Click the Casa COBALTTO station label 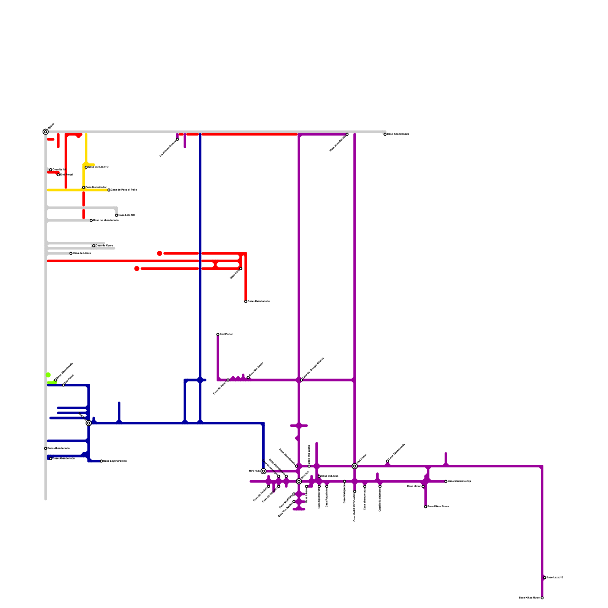click(x=98, y=167)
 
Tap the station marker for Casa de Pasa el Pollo click(x=109, y=190)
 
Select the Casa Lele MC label click(x=127, y=215)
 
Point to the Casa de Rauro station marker click(x=94, y=246)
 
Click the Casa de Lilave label click(x=82, y=253)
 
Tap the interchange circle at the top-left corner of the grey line click(x=46, y=132)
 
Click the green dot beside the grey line click(x=48, y=375)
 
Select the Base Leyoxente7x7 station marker click(x=101, y=461)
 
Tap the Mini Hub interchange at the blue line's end click(x=263, y=471)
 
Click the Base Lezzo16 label click(x=555, y=578)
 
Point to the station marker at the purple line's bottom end click(x=542, y=598)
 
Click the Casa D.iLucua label click(x=330, y=476)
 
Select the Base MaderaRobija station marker click(x=446, y=481)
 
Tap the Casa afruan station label click(x=414, y=486)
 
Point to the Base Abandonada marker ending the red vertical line click(x=246, y=302)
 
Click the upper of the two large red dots click(x=160, y=253)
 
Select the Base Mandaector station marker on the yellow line click(x=84, y=188)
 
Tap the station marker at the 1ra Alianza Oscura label click(x=177, y=139)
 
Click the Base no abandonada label click(x=106, y=220)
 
